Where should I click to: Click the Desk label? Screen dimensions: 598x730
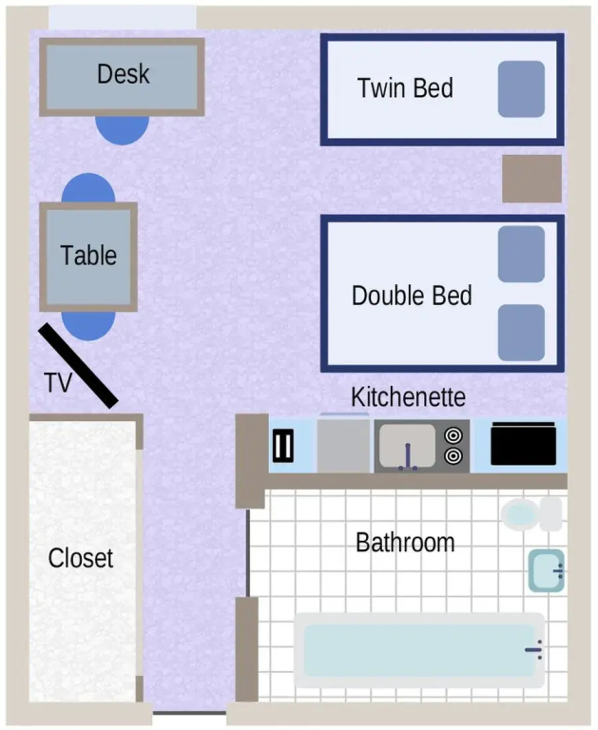[x=124, y=74]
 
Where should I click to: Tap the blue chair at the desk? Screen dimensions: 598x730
[x=122, y=130]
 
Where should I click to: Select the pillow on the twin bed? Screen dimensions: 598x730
[x=521, y=89]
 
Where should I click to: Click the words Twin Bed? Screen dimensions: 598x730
[x=405, y=88]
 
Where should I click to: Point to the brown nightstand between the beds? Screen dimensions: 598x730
[x=531, y=179]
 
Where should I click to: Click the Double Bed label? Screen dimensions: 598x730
[x=412, y=296]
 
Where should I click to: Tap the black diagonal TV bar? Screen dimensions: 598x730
[x=78, y=366]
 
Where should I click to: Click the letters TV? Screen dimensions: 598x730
[x=58, y=383]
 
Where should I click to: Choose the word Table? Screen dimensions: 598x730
[x=88, y=256]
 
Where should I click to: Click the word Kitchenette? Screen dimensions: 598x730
[x=408, y=397]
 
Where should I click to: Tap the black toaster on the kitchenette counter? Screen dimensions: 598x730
[x=282, y=446]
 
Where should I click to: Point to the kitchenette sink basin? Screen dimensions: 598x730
[x=408, y=446]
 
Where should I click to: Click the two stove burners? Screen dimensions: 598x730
[x=453, y=446]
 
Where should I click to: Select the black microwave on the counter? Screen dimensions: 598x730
[x=524, y=444]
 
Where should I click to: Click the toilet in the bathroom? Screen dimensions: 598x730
[x=531, y=514]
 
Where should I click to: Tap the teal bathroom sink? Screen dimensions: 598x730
[x=547, y=570]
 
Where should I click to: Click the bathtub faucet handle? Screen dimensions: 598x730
[x=534, y=649]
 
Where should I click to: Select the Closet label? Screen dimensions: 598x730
[x=81, y=558]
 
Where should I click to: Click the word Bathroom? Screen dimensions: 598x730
[x=405, y=543]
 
